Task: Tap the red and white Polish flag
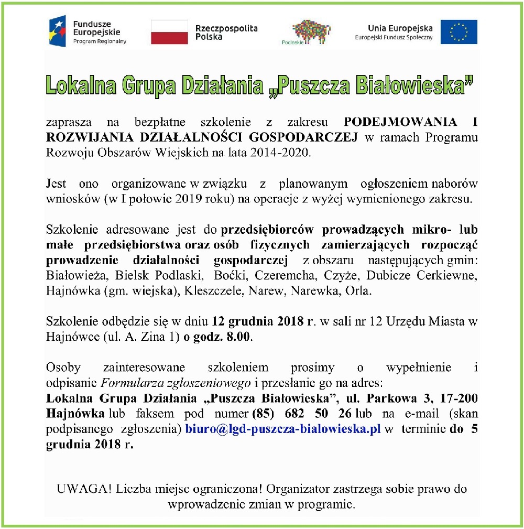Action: click(x=169, y=32)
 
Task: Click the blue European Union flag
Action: click(x=458, y=31)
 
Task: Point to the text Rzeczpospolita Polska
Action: click(x=226, y=33)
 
